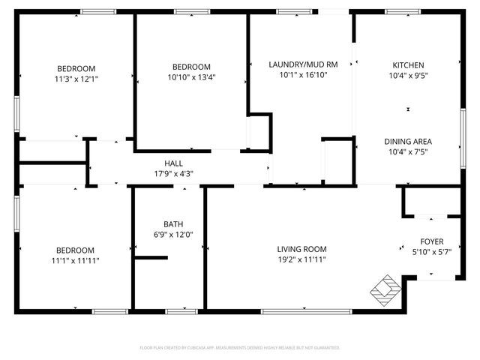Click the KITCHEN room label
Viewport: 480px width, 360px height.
[x=408, y=65]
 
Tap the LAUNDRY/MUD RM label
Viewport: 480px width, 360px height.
[x=303, y=64]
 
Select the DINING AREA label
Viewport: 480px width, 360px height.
[x=408, y=141]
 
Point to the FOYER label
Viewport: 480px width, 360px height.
[x=431, y=241]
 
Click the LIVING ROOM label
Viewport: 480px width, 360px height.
[x=301, y=249]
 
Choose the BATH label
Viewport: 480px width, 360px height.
[x=173, y=223]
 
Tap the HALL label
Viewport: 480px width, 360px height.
[x=173, y=163]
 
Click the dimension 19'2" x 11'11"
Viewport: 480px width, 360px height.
[x=301, y=260]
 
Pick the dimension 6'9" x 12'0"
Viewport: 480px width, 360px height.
[x=173, y=235]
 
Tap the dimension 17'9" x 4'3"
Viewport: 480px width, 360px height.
[x=173, y=174]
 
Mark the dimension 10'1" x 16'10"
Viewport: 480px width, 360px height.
[x=303, y=75]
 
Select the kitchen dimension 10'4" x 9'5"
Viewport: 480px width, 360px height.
[x=408, y=76]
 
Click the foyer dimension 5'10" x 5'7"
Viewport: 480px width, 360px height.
[x=431, y=253]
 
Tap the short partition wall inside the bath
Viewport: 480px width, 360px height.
[x=150, y=259]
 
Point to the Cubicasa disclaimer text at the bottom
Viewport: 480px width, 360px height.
[x=240, y=348]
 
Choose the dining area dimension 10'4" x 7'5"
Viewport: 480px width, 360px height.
[x=408, y=152]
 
